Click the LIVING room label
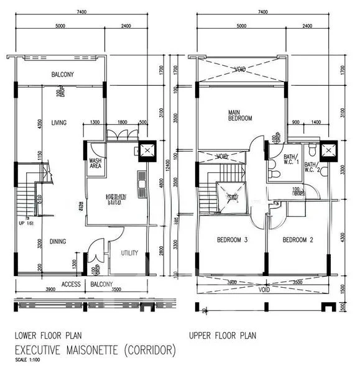point(60,122)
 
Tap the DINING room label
point(58,241)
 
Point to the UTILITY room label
point(129,254)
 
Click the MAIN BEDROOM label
point(240,114)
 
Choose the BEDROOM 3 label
point(232,239)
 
